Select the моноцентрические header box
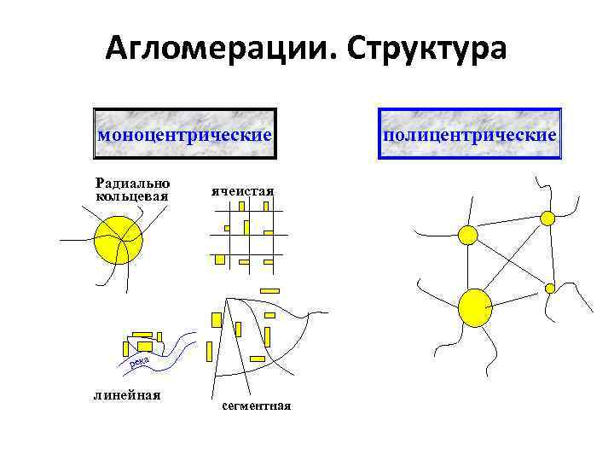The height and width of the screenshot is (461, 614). (185, 134)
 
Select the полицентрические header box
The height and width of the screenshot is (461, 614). (470, 134)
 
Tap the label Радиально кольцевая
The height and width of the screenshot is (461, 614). (132, 189)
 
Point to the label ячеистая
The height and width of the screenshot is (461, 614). (242, 190)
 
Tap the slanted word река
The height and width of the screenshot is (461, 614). (141, 365)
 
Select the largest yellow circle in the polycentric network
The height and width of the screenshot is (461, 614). (475, 307)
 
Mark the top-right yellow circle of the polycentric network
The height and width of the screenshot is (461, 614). (547, 218)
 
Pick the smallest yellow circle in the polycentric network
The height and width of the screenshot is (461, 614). (550, 288)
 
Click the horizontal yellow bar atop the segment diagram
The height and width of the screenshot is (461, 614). (269, 291)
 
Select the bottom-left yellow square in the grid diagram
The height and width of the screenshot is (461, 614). (220, 258)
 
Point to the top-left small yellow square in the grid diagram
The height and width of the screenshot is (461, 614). (227, 228)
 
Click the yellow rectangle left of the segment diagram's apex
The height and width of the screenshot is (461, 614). (216, 319)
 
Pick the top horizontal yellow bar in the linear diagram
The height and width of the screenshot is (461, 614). (142, 335)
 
